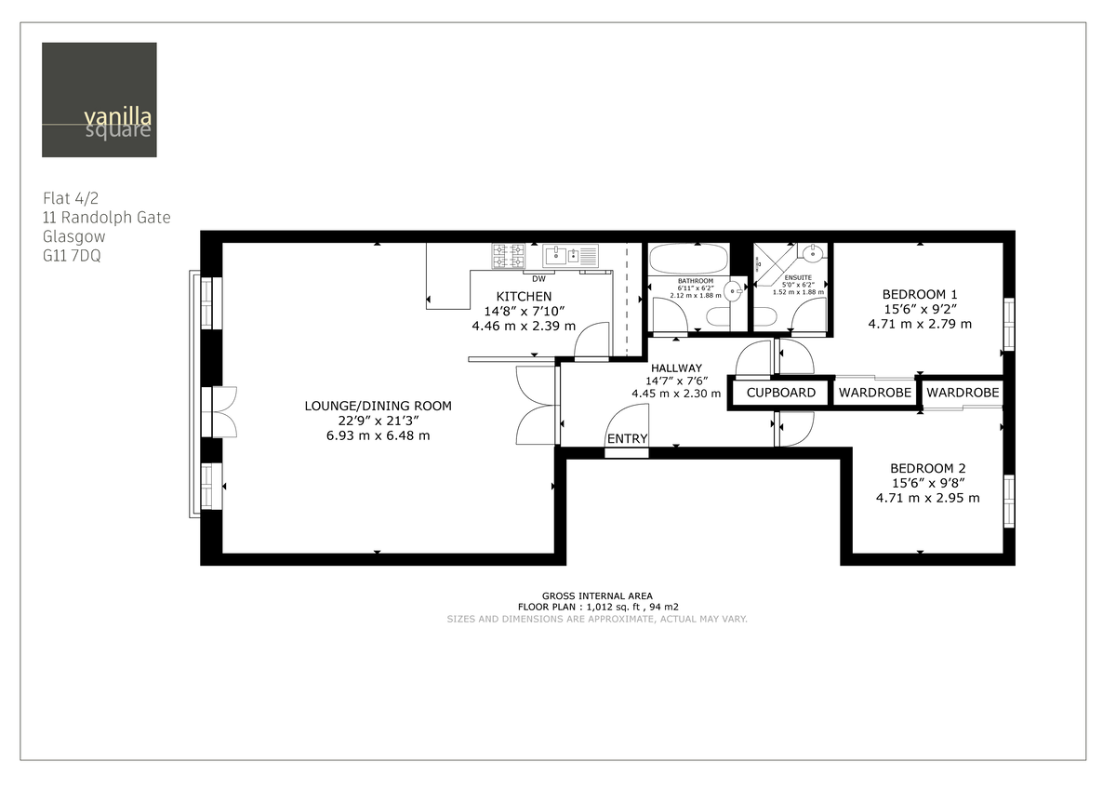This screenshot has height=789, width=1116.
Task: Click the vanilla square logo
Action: tap(100, 100)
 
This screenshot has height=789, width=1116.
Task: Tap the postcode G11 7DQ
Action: tap(72, 256)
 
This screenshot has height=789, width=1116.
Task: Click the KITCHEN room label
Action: tap(524, 296)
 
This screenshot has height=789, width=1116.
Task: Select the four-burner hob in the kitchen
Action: tap(508, 256)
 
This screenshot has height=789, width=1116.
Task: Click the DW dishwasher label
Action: tap(538, 278)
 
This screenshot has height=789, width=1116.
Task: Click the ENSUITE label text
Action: tap(798, 277)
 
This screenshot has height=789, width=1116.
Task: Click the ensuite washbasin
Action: tap(813, 252)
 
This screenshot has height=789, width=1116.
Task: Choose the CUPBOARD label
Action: tap(781, 393)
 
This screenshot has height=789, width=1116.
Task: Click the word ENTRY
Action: tap(627, 439)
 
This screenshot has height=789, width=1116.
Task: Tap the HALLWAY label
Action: tap(676, 368)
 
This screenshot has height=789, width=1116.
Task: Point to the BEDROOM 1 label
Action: tap(919, 294)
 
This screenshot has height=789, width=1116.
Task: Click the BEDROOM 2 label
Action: tap(927, 468)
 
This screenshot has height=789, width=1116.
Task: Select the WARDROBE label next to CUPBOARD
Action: tap(874, 393)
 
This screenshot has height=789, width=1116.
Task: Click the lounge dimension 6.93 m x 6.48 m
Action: tap(378, 435)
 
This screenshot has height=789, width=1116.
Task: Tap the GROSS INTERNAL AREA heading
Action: tap(596, 595)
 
